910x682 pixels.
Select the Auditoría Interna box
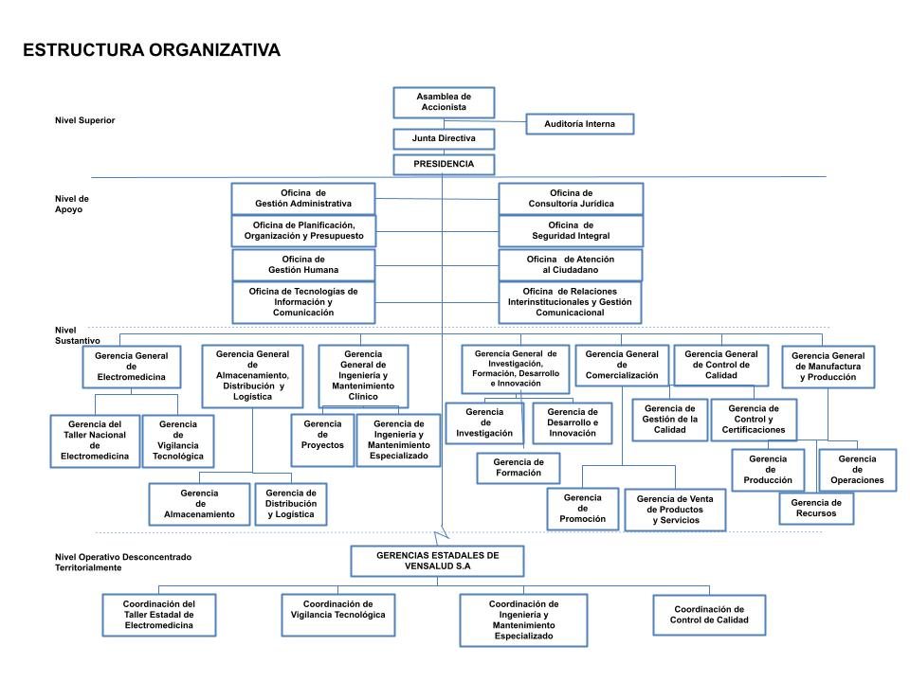579,124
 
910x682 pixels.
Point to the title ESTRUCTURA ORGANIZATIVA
152,50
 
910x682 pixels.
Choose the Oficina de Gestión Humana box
303,264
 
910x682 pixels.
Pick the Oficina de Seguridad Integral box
571,230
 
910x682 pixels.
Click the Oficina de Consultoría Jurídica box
571,198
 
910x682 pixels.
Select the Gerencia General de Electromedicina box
131,367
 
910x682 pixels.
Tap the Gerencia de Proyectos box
322,440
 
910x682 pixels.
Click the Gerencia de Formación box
518,468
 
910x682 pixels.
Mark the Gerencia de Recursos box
815,509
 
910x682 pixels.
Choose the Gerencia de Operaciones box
856,469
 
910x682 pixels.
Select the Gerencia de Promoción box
581,509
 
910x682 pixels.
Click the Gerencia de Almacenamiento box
199,504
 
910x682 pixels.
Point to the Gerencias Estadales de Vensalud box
437,560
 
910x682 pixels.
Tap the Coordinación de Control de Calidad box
708,615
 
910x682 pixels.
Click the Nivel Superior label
85,120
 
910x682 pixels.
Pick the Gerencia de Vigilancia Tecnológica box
178,440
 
